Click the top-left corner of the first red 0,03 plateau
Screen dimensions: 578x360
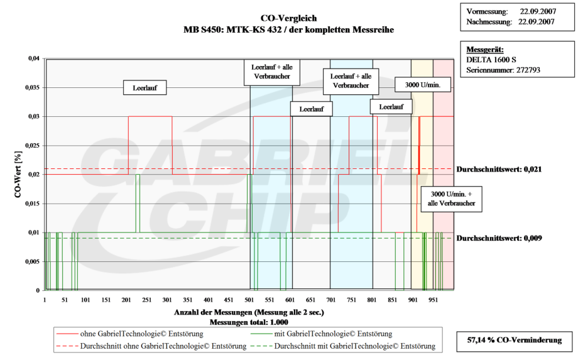pyautogui.click(x=128, y=116)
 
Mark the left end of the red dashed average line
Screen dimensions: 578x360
pyautogui.click(x=45, y=169)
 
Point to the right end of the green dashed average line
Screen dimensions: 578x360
pyautogui.click(x=454, y=238)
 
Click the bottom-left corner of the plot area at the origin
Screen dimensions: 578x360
pyautogui.click(x=45, y=290)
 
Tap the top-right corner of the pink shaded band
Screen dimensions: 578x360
pyautogui.click(x=454, y=59)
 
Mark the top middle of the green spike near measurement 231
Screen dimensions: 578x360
pyautogui.click(x=138, y=174)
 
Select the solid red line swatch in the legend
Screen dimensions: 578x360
pyautogui.click(x=67, y=334)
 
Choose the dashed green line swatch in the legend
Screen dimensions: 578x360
pyautogui.click(x=261, y=346)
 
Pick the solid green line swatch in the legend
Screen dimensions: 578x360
pyautogui.click(x=261, y=334)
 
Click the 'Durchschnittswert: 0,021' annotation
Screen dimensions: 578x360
pyautogui.click(x=499, y=170)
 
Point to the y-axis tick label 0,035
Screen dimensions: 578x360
pyautogui.click(x=33, y=88)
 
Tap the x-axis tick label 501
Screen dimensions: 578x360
pyautogui.click(x=249, y=300)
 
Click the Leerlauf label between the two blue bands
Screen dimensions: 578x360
pyautogui.click(x=312, y=109)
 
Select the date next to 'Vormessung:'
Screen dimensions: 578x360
pyautogui.click(x=538, y=11)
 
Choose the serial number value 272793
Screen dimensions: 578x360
pyautogui.click(x=528, y=70)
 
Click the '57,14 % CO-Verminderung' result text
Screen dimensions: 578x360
pyautogui.click(x=515, y=340)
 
